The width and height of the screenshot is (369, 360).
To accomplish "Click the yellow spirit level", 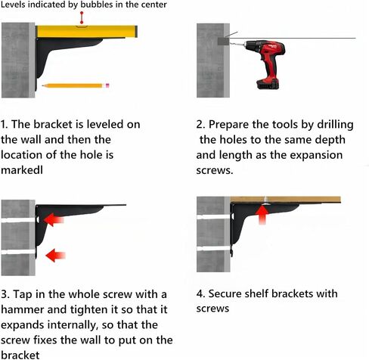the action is (86, 32).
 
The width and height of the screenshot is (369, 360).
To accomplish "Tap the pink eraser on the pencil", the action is (107, 85).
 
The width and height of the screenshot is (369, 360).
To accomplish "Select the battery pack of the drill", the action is (268, 84).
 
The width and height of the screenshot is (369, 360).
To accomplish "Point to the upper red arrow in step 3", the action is (54, 219).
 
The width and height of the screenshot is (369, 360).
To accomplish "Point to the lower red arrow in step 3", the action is (55, 255).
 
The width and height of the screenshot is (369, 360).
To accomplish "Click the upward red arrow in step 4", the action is (262, 215).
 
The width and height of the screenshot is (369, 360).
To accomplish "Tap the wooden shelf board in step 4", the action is (285, 200).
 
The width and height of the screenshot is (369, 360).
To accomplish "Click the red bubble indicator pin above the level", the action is (82, 17).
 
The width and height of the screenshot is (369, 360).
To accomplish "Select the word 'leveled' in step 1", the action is (106, 124).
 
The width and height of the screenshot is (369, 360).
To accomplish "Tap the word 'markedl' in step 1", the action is (22, 170).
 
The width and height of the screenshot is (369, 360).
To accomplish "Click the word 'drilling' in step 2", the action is (335, 125).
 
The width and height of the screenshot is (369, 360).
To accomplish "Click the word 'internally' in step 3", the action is (73, 325).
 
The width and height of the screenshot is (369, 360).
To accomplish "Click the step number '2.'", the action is (200, 125).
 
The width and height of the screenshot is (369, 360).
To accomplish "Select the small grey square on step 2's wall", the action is (223, 41).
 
